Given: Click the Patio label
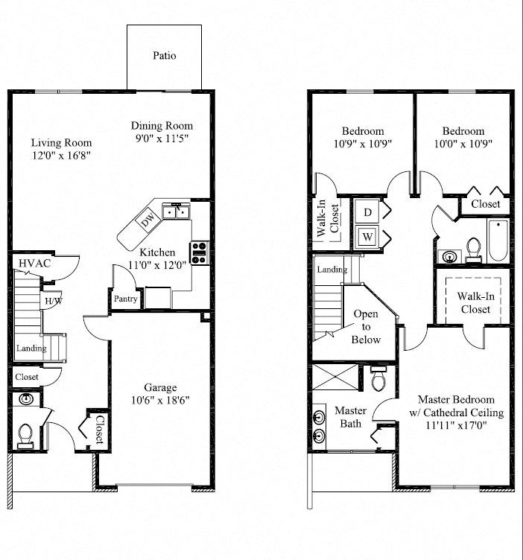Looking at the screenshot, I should pos(165,56).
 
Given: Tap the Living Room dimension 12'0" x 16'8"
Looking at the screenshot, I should pos(61,156).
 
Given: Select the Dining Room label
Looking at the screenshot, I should pos(162,126).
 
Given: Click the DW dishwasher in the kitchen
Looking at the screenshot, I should pos(146,219).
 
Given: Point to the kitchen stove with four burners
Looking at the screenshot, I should pos(200,253).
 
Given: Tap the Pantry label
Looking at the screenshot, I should pos(124,299).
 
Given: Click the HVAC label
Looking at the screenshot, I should pos(34,264).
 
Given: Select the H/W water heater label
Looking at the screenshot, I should pos(53,301).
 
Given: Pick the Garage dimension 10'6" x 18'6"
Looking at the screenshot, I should pos(161,400).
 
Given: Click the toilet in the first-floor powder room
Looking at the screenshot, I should pos(25,432).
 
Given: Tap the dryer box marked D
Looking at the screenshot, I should pos(367,212).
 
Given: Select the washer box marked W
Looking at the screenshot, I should pos(367,238).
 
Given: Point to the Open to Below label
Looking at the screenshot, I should pos(366,327).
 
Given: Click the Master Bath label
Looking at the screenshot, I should pos(349,417).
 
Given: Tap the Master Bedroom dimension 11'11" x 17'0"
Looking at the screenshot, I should pos(460,426).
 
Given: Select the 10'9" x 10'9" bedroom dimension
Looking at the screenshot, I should pos(363,144).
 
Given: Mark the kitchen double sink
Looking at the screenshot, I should pos(176,213).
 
